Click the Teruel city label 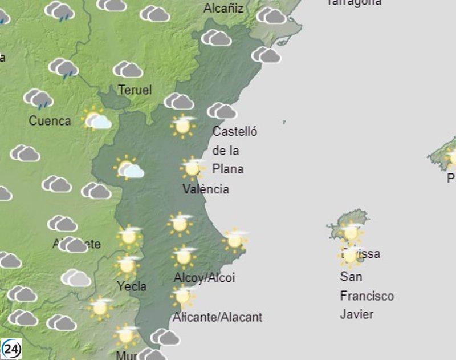[x=135, y=90]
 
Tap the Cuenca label [x=50, y=120]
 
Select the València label [x=205, y=189]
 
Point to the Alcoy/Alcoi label [x=204, y=278]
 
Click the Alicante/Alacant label [x=218, y=317]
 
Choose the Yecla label [x=131, y=286]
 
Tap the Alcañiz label [x=223, y=8]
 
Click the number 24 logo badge [x=11, y=348]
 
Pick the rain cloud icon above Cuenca [x=38, y=99]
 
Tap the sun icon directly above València [x=192, y=168]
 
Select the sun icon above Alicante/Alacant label [x=182, y=296]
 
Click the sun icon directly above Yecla [x=127, y=265]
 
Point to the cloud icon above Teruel [x=128, y=70]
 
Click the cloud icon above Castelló [x=222, y=110]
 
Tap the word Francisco [x=367, y=296]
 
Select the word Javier [x=357, y=314]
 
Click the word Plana [x=227, y=169]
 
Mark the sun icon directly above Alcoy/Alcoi [x=184, y=256]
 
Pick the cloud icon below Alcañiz [x=216, y=38]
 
